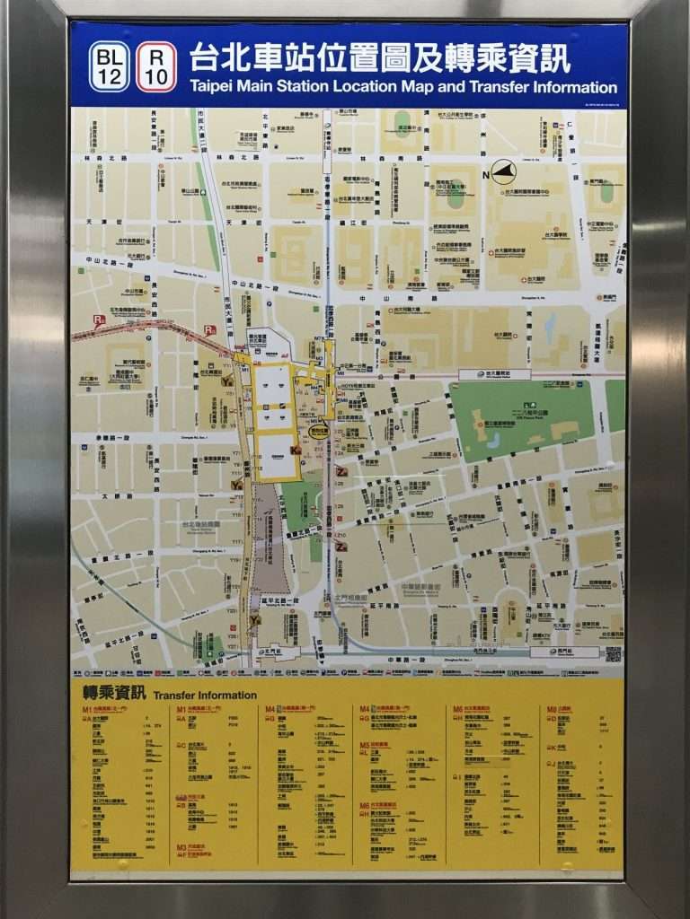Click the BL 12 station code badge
[110, 66]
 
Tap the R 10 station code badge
[156, 66]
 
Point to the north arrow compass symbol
[504, 172]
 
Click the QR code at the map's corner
[614, 653]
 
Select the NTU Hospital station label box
[494, 374]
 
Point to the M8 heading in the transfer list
[553, 709]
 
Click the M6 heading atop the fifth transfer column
[458, 709]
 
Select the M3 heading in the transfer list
[181, 846]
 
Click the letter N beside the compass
[486, 174]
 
